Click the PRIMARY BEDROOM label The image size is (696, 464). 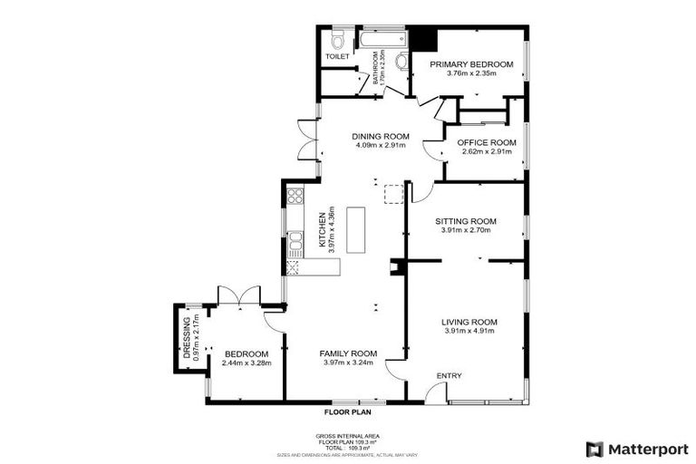click(471, 64)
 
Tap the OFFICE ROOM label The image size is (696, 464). click(487, 142)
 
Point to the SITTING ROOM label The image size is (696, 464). click(466, 221)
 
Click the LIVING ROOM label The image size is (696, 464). click(469, 322)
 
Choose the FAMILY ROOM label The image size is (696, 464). click(349, 353)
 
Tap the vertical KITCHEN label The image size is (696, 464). click(321, 230)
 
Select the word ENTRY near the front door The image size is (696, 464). click(449, 376)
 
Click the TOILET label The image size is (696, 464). click(337, 57)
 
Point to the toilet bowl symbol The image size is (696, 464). click(337, 40)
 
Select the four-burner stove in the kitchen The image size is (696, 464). click(295, 195)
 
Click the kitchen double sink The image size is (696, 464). click(295, 241)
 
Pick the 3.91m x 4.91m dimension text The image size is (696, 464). click(469, 332)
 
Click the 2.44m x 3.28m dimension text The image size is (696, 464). click(246, 363)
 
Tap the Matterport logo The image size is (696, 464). click(636, 449)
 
